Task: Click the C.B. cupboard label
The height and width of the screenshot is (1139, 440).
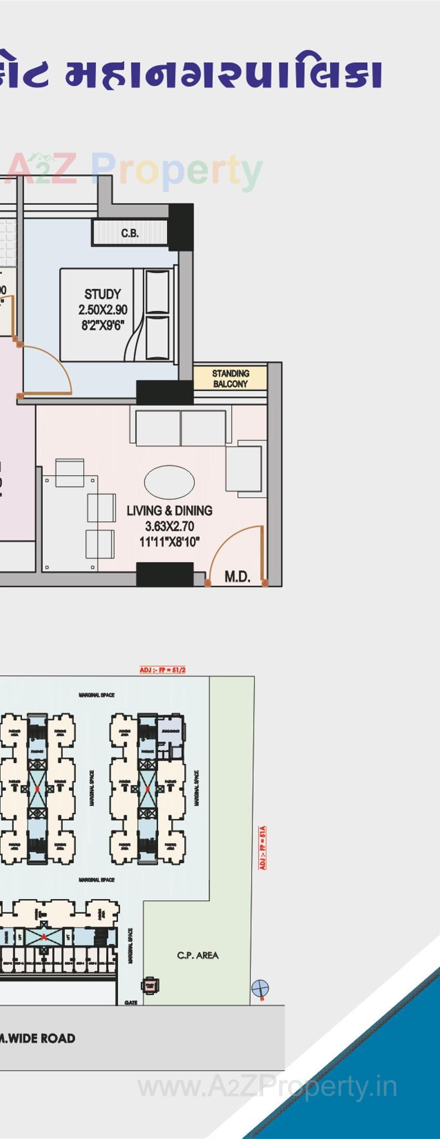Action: coord(130,233)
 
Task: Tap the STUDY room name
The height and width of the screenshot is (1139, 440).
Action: coord(103,294)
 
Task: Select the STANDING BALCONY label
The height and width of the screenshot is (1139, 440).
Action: coord(230,378)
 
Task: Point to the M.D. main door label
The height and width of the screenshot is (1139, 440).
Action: coord(237,577)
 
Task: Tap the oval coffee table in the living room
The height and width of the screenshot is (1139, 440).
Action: coord(169,482)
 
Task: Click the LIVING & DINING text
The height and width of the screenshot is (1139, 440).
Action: coord(169,510)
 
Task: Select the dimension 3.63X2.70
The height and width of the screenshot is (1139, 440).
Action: coord(169,527)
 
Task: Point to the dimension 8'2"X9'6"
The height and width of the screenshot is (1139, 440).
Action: coord(103,326)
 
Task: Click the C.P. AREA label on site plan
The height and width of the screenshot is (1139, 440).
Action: coord(197,955)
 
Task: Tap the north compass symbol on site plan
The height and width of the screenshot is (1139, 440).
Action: coord(260,988)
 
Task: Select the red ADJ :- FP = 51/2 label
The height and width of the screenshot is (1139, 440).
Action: coord(162,670)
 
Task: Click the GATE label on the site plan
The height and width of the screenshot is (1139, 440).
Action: coord(131,1003)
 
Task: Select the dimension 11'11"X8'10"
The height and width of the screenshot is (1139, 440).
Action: coord(169,542)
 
